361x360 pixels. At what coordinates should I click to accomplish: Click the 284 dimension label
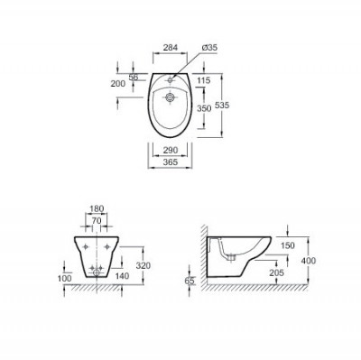pos(171,48)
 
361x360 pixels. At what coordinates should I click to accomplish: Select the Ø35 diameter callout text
pos(209,48)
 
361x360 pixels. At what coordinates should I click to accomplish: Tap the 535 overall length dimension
pos(222,106)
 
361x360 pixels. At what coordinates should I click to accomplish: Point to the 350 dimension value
pos(204,108)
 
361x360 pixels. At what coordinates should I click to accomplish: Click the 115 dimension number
pos(204,80)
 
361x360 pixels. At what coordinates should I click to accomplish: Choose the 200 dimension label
pos(118,84)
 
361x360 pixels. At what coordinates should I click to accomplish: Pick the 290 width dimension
pos(171,150)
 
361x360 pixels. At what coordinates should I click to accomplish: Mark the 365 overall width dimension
pos(171,162)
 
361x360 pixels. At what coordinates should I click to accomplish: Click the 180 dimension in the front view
pos(97,208)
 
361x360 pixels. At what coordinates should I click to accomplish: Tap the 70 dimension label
pos(97,221)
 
